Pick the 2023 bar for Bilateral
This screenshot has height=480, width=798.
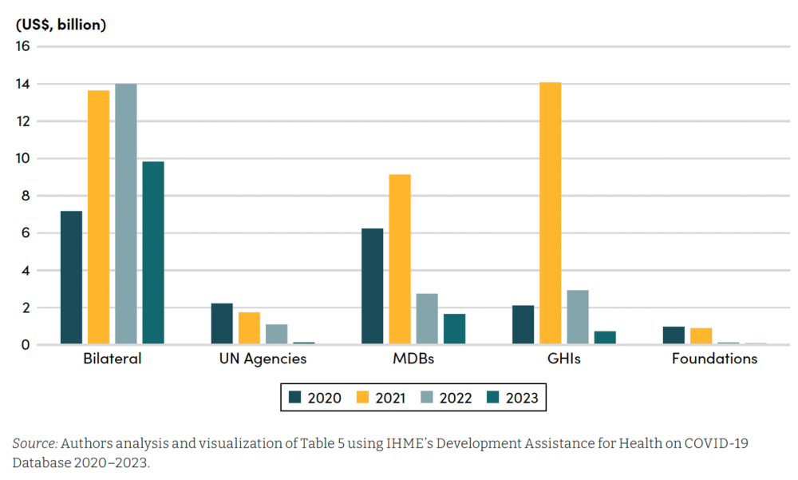point(153,252)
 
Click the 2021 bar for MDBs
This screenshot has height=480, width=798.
point(399,259)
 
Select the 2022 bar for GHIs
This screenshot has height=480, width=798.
point(577,317)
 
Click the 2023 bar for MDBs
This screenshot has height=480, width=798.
point(454,329)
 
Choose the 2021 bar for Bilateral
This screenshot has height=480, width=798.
point(98,217)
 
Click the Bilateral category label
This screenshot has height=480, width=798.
point(112,359)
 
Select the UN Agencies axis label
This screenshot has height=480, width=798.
point(263,359)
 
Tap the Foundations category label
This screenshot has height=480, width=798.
point(714,359)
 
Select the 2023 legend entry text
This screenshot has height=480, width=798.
point(522,398)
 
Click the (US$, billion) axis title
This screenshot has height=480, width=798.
point(61,24)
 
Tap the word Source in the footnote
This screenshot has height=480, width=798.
point(34,443)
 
